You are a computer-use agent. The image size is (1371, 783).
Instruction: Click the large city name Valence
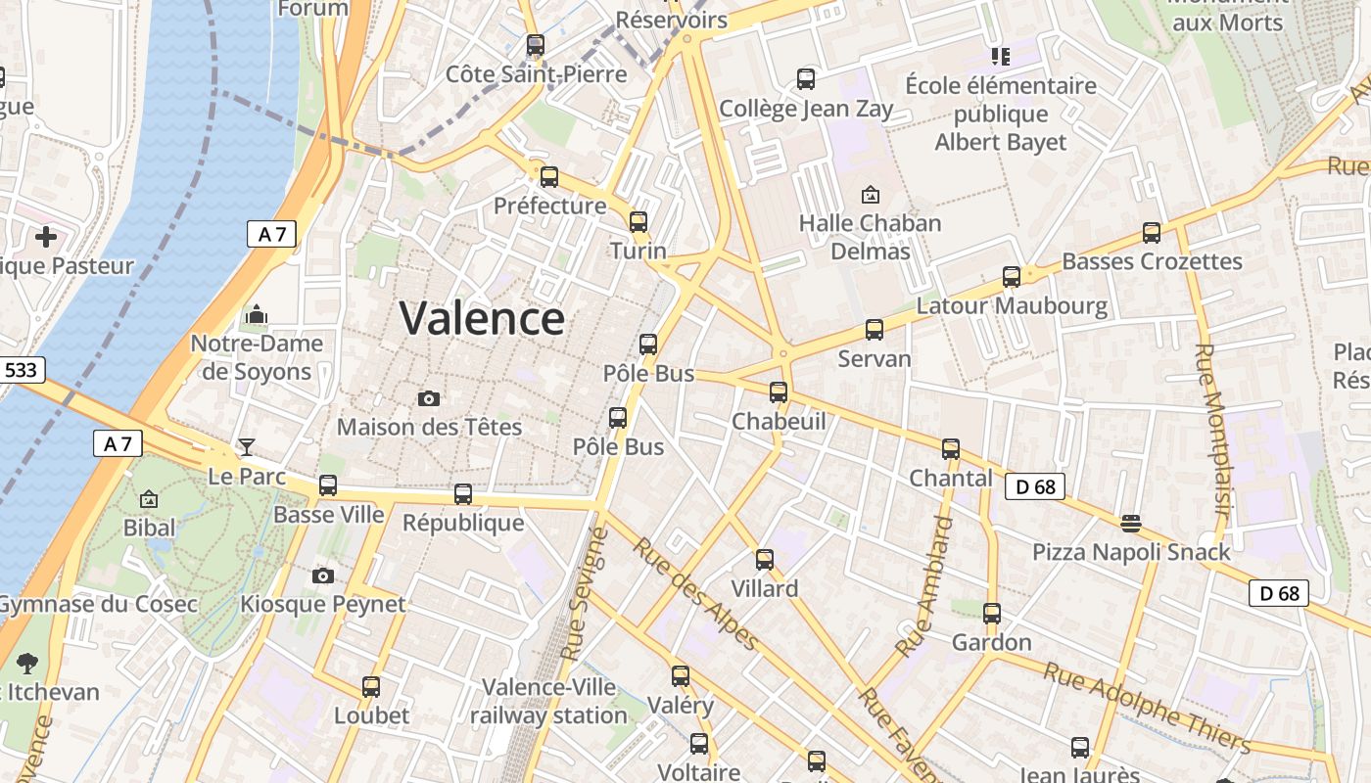[482, 319]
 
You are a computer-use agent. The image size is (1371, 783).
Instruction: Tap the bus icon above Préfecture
[549, 177]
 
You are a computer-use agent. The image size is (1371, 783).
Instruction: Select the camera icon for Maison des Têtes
[429, 398]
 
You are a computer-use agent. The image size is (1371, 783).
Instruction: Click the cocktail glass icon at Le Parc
[247, 447]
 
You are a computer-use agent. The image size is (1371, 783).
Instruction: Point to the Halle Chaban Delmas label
[870, 237]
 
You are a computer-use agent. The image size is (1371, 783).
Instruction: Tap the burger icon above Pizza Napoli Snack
[1131, 524]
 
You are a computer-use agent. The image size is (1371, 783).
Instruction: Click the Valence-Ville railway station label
[548, 701]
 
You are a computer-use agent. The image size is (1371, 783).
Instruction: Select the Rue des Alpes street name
[696, 593]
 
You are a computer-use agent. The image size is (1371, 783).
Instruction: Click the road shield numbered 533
[21, 370]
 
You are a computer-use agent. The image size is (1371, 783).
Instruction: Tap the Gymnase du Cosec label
[98, 604]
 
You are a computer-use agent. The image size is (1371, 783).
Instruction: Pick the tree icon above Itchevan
[27, 664]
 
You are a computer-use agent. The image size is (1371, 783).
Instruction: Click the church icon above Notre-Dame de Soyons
[257, 314]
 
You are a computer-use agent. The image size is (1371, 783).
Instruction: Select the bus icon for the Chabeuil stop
[779, 392]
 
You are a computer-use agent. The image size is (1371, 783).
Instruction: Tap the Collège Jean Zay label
[806, 109]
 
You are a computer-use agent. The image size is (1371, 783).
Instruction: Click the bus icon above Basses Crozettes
[1152, 233]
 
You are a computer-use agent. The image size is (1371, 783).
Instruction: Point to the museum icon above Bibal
[149, 499]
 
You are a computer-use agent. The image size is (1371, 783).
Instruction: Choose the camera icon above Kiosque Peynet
[323, 576]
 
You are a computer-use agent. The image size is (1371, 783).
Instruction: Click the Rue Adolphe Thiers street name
[1147, 707]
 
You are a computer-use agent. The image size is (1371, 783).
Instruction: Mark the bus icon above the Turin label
[638, 222]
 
